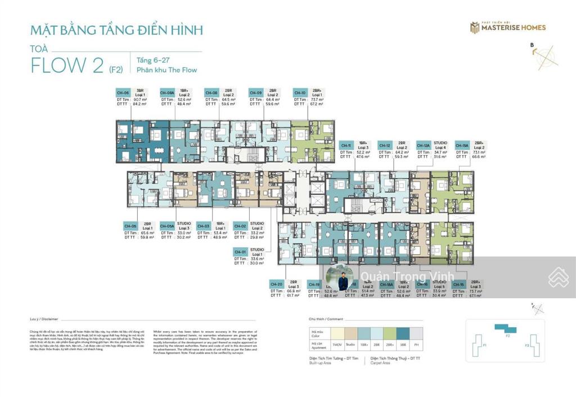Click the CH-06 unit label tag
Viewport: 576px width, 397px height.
123,93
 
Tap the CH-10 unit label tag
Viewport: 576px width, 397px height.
300,93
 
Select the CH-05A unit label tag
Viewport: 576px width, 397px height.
167,226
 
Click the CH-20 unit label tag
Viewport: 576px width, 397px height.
276,285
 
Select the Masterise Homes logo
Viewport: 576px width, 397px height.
508,27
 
